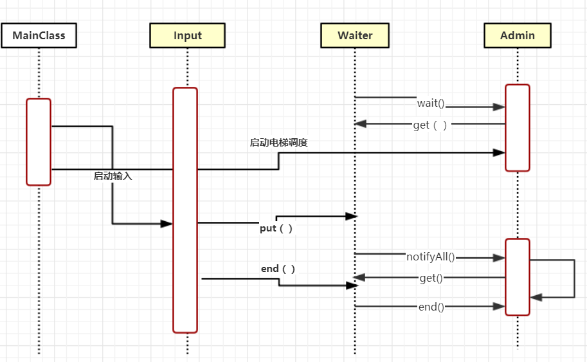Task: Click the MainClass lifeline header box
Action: pos(39,35)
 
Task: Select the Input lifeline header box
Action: pos(187,35)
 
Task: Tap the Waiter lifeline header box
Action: pos(355,35)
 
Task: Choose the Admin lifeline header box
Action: pos(517,35)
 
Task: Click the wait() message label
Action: pos(431,103)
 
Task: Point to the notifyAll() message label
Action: pos(430,257)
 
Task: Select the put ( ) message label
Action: pos(276,228)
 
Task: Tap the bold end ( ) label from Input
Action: pos(278,269)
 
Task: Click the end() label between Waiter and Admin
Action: pos(431,307)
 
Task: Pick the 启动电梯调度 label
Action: pos(278,143)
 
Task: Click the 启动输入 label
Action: pos(113,176)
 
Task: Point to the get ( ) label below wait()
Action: pos(430,125)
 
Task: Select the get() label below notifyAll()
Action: pos(431,278)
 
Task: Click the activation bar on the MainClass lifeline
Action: pos(39,141)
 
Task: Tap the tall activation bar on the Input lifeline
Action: pos(185,210)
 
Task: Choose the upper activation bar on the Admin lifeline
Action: pos(517,127)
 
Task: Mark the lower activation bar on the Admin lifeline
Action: pos(517,276)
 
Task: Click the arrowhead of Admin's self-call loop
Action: pos(537,297)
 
